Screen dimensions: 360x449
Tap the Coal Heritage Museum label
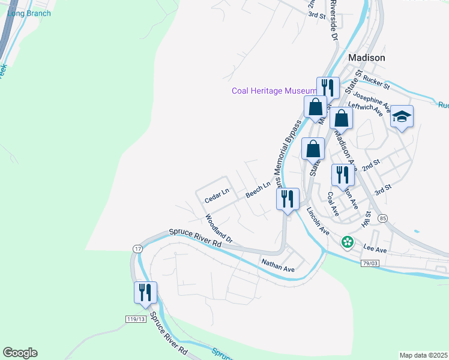point(274,91)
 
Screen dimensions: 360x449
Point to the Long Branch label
point(29,13)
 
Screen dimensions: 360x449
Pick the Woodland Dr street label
point(218,229)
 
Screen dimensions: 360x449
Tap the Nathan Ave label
point(278,265)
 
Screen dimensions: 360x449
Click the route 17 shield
point(138,248)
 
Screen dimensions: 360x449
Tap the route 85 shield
point(382,218)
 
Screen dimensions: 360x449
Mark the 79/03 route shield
point(370,263)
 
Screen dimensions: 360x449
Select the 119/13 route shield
point(136,318)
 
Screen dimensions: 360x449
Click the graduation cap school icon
point(402,116)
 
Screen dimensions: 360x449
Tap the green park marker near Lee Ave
point(347,242)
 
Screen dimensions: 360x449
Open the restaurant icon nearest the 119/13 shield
point(145,292)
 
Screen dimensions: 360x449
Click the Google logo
point(20,353)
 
